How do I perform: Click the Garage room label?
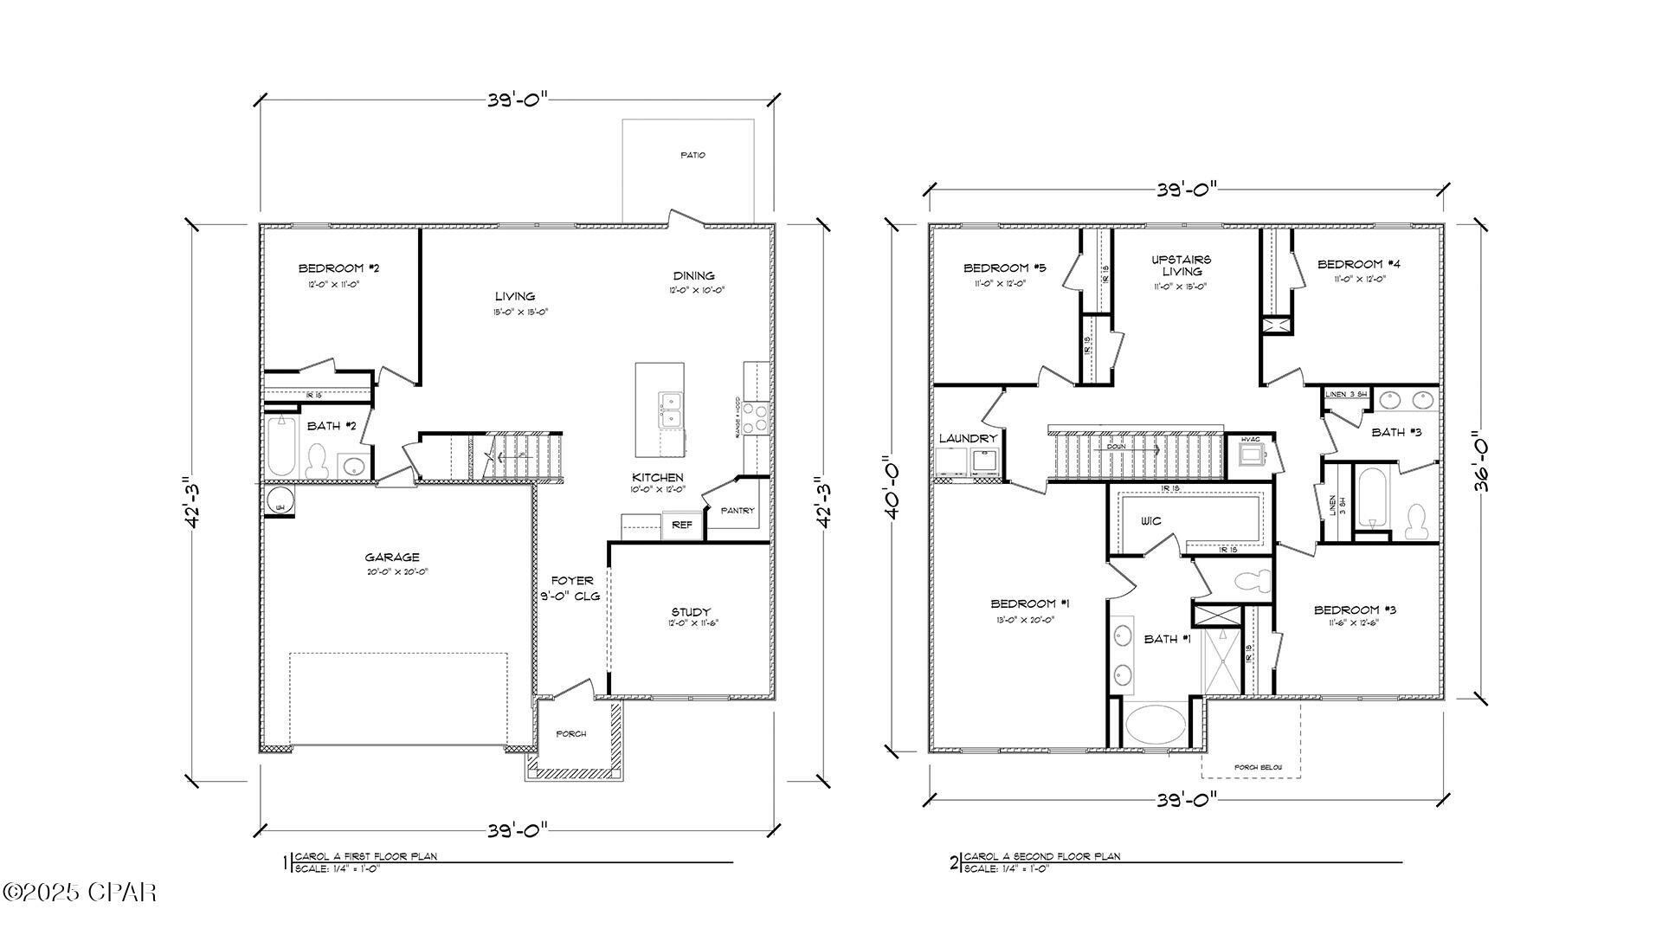click(391, 558)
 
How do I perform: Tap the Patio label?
click(692, 155)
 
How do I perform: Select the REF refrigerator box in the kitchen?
click(682, 525)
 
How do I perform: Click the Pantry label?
click(738, 511)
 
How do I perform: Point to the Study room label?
click(690, 612)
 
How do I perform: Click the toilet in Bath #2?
click(316, 460)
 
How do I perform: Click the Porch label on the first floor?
click(570, 734)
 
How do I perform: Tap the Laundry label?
click(968, 439)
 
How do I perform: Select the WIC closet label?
click(1150, 521)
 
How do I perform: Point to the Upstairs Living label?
click(1182, 265)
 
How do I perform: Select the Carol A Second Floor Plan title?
click(1042, 856)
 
